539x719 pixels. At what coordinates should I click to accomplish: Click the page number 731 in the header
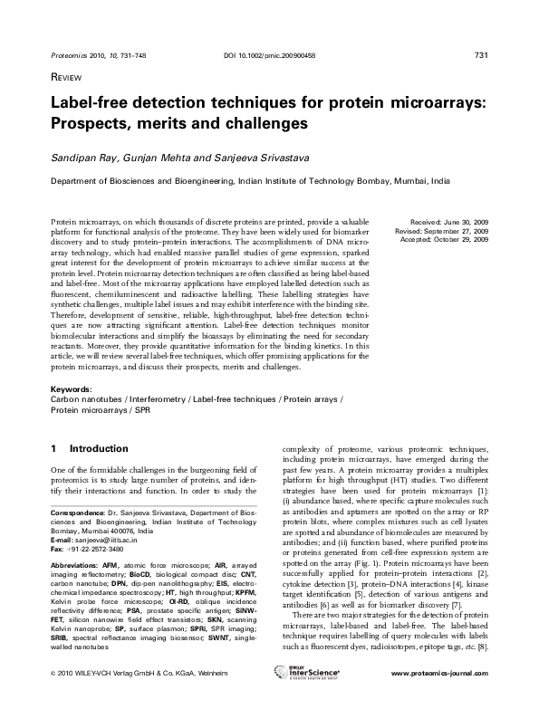click(482, 56)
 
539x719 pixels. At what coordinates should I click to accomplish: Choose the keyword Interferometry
click(158, 398)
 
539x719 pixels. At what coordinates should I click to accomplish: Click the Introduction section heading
click(99, 447)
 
